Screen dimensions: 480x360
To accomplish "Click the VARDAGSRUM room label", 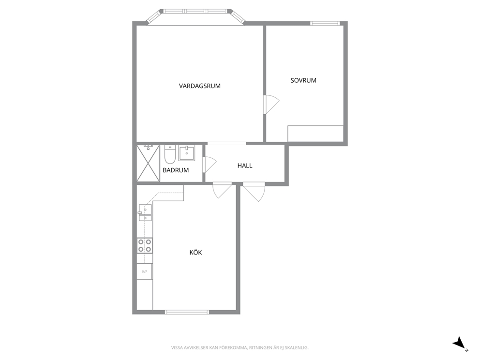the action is pyautogui.click(x=199, y=86).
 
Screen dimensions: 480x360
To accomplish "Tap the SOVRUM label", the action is pyautogui.click(x=303, y=80).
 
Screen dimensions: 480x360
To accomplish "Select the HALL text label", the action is pyautogui.click(x=245, y=165).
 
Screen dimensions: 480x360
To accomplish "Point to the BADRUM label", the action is pyautogui.click(x=176, y=170).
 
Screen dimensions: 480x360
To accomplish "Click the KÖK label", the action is pyautogui.click(x=196, y=252).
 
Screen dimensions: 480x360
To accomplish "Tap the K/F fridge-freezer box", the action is pyautogui.click(x=145, y=271).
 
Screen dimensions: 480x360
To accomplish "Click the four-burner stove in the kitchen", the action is pyautogui.click(x=145, y=245).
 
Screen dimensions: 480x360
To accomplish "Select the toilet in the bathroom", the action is pyautogui.click(x=169, y=154).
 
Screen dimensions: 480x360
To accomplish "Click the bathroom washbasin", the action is pyautogui.click(x=186, y=153).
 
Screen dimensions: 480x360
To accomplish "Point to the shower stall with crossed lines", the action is pyautogui.click(x=148, y=163).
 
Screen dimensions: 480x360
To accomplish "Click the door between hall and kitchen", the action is pyautogui.click(x=222, y=190).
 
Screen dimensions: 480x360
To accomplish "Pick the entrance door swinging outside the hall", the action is pyautogui.click(x=254, y=192).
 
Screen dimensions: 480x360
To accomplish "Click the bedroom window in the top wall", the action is pyautogui.click(x=325, y=23).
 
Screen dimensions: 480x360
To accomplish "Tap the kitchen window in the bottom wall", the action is pyautogui.click(x=187, y=312).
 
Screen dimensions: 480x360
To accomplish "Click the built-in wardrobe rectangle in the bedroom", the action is pyautogui.click(x=315, y=134).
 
